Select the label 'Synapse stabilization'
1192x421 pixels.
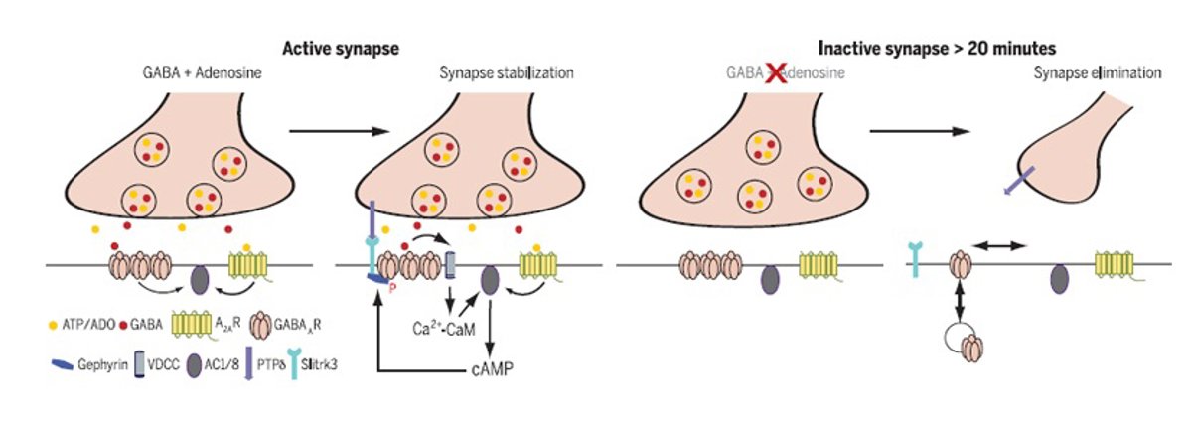(506, 73)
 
